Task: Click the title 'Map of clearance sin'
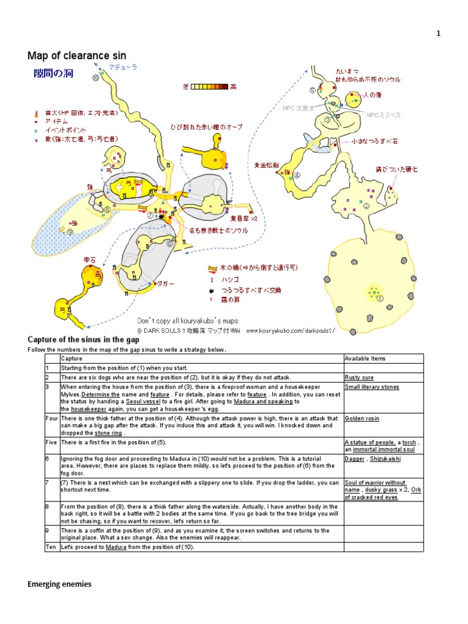point(77,56)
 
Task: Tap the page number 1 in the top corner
point(438,34)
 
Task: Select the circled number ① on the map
point(380,299)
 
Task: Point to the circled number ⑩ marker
point(96,77)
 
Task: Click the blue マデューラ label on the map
point(122,67)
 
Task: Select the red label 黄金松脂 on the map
point(267,165)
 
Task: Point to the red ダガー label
point(165,283)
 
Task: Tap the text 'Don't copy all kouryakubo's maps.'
point(189,321)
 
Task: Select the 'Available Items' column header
point(365,358)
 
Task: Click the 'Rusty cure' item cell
point(358,377)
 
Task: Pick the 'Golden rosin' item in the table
point(361,419)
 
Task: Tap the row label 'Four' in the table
point(51,419)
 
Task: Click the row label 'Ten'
point(50,547)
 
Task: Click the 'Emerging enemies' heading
point(59,584)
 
